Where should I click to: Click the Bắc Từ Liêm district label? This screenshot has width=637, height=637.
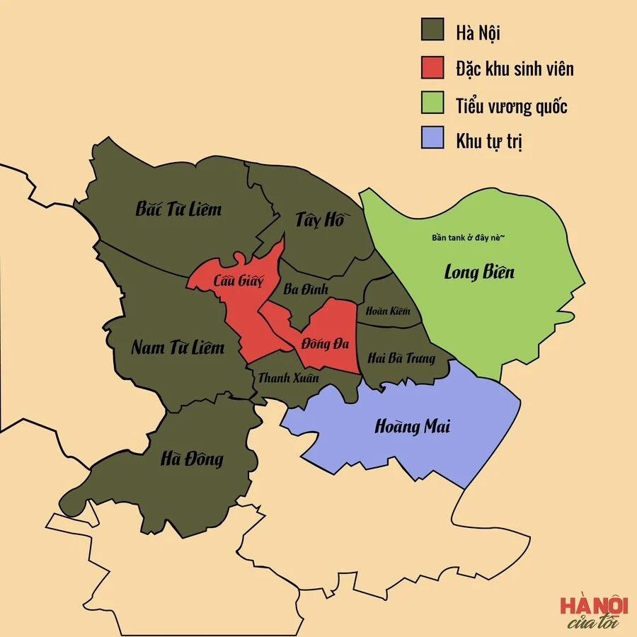(178, 210)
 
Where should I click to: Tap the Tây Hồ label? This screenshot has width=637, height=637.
(319, 220)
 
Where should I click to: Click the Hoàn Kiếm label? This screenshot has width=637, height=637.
(388, 311)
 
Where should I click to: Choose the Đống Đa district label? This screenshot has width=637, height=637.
(325, 345)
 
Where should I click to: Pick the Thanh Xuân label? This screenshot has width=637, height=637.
(288, 378)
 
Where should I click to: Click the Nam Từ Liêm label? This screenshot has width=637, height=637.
(178, 348)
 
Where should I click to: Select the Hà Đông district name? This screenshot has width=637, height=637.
(192, 459)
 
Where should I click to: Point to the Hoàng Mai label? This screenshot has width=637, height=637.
(412, 427)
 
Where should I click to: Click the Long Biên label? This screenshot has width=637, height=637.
(479, 271)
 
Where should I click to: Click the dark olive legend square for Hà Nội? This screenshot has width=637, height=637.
(432, 31)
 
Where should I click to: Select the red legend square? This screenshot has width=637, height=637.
(432, 68)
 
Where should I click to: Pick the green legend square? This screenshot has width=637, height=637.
(432, 104)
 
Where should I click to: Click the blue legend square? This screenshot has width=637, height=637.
(432, 139)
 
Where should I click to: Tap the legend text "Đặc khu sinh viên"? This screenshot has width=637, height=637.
(515, 69)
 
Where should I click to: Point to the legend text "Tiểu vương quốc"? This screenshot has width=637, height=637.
(512, 105)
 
